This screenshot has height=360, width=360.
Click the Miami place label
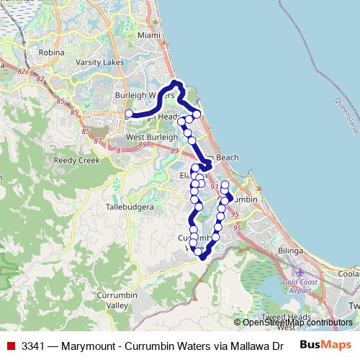coord(148,35)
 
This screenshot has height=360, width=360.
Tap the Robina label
coord(53,53)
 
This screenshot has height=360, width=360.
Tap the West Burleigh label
coord(151,137)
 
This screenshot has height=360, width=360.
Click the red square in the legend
coord(11,345)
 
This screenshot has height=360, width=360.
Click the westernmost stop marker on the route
coord(129,114)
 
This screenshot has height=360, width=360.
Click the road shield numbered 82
coord(21,71)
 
